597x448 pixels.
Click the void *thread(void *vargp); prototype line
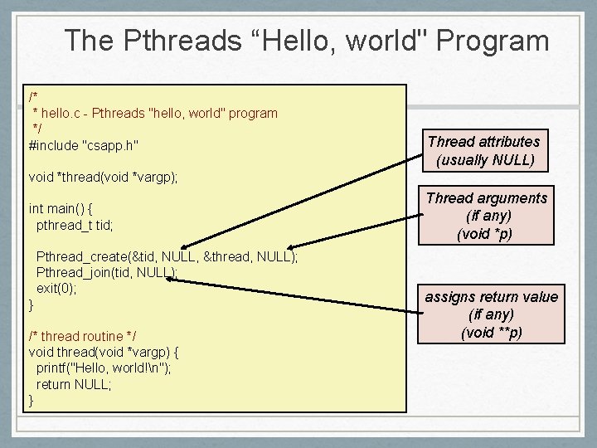click(103, 177)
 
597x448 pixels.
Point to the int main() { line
click(61, 208)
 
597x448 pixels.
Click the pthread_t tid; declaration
click(75, 224)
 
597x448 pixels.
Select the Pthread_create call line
click(167, 256)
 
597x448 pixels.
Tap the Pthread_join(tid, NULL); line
click(107, 272)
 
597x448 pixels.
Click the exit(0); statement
click(56, 288)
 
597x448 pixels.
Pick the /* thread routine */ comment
click(82, 336)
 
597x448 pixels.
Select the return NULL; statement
click(74, 384)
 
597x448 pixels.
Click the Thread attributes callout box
click(484, 150)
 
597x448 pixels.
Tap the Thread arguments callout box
click(486, 216)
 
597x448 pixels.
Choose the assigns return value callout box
click(491, 315)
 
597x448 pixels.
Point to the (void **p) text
click(491, 334)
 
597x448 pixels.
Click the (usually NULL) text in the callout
click(485, 160)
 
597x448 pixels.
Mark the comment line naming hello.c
click(154, 113)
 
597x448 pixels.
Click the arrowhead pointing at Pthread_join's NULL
click(170, 280)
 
